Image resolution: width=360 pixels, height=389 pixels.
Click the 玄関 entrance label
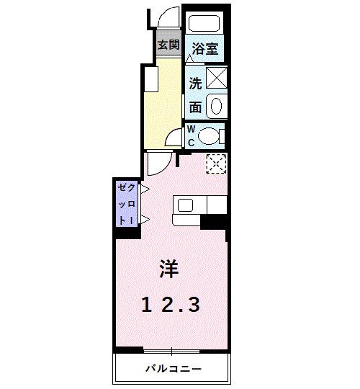[x=168, y=45]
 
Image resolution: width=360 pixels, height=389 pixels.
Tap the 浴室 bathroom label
[x=204, y=50]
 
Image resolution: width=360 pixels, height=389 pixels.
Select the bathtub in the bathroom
[x=205, y=22]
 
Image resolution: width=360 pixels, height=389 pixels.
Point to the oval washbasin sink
[x=216, y=107]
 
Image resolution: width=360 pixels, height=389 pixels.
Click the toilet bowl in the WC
[x=210, y=135]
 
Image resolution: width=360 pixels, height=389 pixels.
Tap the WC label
[x=192, y=135]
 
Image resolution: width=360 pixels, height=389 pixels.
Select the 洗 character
[x=195, y=81]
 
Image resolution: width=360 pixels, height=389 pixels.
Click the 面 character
[x=195, y=107]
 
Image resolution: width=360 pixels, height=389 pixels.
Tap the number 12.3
[x=171, y=305]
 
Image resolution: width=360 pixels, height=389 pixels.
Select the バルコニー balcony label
[x=172, y=369]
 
